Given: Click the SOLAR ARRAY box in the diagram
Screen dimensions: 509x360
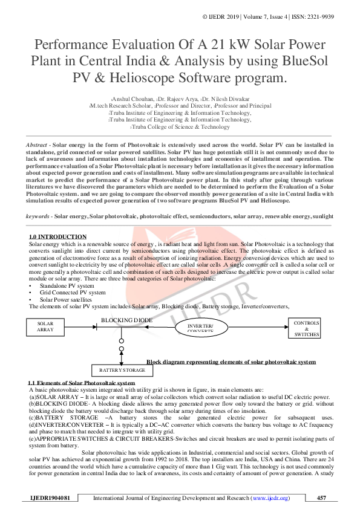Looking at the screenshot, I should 45,326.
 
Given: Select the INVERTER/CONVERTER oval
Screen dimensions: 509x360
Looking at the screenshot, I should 200,327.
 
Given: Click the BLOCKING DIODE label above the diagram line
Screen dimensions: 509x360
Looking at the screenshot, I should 126,320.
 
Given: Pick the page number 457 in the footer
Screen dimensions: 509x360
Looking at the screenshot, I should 321,498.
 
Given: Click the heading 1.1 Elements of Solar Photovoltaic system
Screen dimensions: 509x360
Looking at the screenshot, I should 82,384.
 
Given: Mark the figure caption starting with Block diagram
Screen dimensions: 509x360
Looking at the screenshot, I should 231,361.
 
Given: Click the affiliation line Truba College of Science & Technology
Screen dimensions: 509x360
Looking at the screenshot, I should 181,127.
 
